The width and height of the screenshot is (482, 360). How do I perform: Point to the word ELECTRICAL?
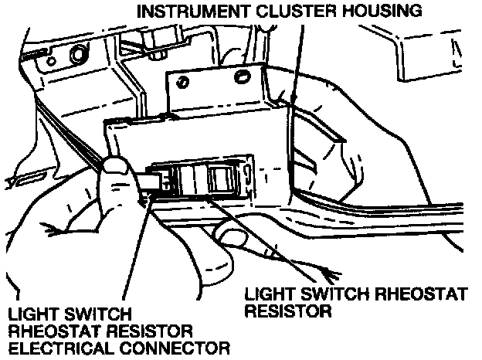coord(61,348)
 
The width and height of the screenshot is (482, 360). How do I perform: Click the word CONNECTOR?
coord(175,348)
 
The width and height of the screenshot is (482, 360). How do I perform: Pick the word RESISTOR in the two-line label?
coord(288,311)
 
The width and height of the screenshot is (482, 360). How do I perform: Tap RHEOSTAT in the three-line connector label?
coord(55,331)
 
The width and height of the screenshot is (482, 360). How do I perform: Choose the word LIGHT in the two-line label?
coord(270,294)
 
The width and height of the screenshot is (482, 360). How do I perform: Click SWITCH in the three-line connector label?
coord(98,314)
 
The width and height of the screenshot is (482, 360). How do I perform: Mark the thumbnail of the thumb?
coord(116,166)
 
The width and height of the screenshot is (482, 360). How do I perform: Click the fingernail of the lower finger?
coord(230,236)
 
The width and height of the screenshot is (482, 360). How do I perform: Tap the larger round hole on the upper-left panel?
coord(77,54)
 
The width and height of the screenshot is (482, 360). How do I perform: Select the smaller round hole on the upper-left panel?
coord(51,61)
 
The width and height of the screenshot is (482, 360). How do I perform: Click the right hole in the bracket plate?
coord(242,76)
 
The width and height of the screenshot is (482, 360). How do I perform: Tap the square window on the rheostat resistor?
coord(220,179)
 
